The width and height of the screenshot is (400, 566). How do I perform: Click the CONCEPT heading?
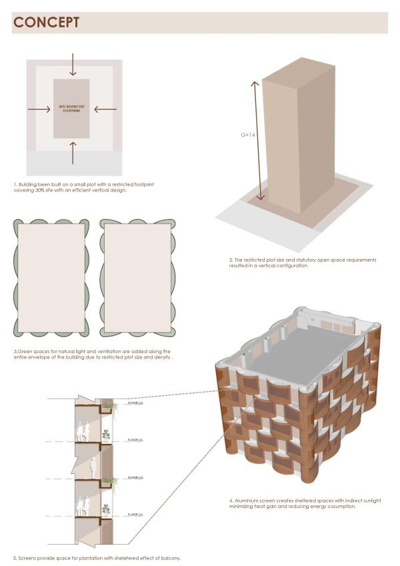(x=46, y=23)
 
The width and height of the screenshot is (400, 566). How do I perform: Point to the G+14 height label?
(x=248, y=135)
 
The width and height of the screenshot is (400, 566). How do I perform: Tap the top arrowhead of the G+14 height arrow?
(x=253, y=82)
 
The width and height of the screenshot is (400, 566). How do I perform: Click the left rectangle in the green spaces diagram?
(x=51, y=278)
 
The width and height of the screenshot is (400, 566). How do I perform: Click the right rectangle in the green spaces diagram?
(x=137, y=278)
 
